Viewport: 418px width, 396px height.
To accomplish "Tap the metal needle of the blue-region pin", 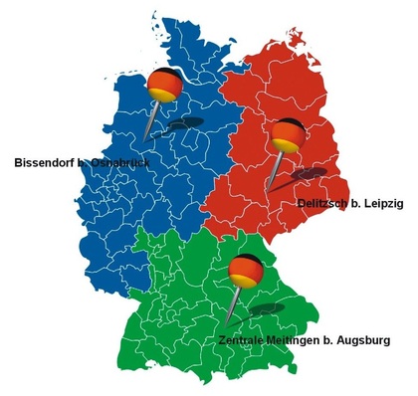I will (x=152, y=121).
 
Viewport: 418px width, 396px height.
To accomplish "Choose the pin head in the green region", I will (x=245, y=268).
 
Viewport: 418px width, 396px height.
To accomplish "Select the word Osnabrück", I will (x=121, y=162).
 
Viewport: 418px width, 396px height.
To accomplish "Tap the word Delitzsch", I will (x=321, y=203).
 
